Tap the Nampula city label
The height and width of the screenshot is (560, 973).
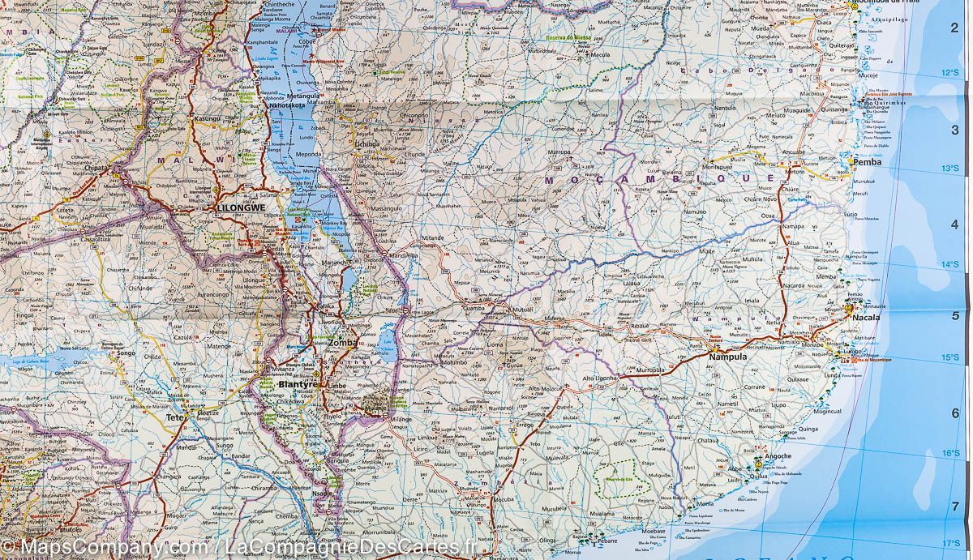[x=727, y=357]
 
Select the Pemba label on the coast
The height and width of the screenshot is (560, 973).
[x=867, y=162]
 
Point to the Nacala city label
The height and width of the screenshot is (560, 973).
[x=867, y=318]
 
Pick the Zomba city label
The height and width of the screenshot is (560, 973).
[x=343, y=344]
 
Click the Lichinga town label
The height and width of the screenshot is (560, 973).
[x=367, y=143]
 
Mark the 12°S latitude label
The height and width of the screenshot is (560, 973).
[x=949, y=73]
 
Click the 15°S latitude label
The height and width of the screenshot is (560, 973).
[x=949, y=357]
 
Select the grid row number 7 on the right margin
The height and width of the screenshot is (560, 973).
[x=954, y=507]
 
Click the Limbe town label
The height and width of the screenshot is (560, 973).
[x=335, y=387]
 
